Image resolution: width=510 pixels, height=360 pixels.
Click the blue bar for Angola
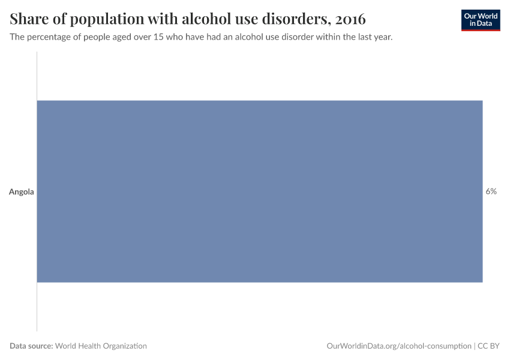pos(260,191)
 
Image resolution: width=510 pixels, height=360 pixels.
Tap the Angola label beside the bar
pos(22,192)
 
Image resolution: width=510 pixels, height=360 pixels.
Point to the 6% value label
pos(491,192)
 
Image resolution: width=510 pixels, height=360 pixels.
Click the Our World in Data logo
pos(480,20)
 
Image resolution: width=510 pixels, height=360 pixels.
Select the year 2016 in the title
pos(350,19)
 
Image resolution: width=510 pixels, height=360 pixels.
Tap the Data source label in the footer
pos(31,346)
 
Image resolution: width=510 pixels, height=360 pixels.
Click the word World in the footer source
pos(67,346)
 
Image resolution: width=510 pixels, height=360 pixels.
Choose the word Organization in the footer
pos(125,346)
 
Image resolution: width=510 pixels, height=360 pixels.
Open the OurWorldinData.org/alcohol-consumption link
pos(399,346)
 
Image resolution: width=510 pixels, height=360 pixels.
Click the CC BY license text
pos(489,346)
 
